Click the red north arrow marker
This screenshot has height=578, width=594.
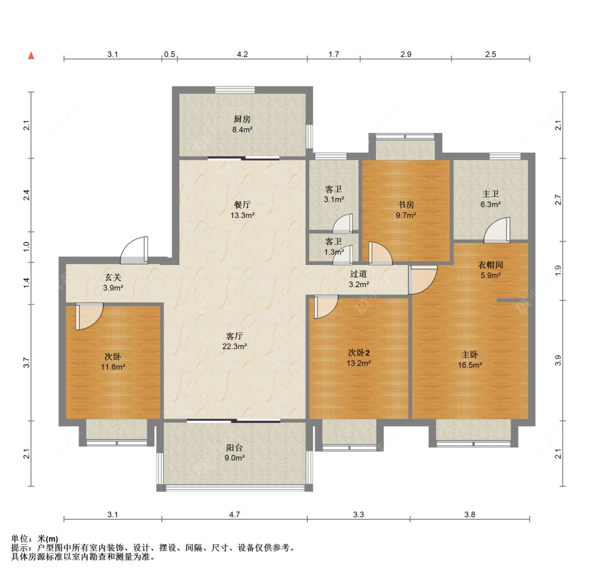[x=32, y=55]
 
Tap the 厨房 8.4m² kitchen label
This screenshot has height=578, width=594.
[x=242, y=124]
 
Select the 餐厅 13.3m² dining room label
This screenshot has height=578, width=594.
[x=242, y=210]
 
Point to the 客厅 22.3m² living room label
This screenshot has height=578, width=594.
[x=235, y=341]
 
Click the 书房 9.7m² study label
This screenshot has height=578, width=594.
[x=406, y=210]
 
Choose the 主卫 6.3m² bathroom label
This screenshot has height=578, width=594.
[x=491, y=199]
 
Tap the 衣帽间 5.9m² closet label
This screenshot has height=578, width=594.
[x=491, y=270]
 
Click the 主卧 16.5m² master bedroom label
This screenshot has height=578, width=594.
[x=470, y=360]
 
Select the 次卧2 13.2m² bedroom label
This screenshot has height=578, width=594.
[x=359, y=358]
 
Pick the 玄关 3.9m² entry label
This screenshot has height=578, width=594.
[x=113, y=282]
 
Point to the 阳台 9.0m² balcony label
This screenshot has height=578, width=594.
[x=234, y=452]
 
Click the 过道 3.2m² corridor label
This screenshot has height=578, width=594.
[x=359, y=279]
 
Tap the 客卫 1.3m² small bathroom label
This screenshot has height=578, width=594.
[x=334, y=247]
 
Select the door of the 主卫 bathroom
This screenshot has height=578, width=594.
[x=497, y=230]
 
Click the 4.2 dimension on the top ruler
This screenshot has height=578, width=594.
[x=242, y=54]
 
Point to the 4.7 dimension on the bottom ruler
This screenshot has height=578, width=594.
[x=234, y=514]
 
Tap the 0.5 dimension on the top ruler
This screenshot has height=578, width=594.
[x=169, y=54]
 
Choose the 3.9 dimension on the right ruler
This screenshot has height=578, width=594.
[x=558, y=361]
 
